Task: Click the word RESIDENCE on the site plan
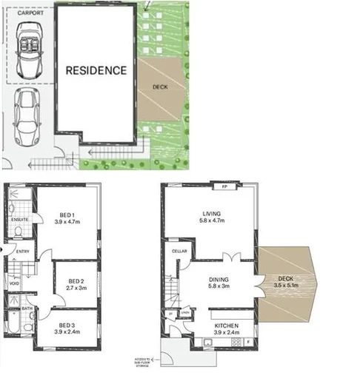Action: tap(96, 71)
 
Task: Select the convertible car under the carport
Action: tap(28, 51)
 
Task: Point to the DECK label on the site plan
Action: tap(159, 87)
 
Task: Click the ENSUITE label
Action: tap(19, 220)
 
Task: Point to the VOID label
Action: tap(14, 283)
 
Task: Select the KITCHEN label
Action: tap(226, 326)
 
